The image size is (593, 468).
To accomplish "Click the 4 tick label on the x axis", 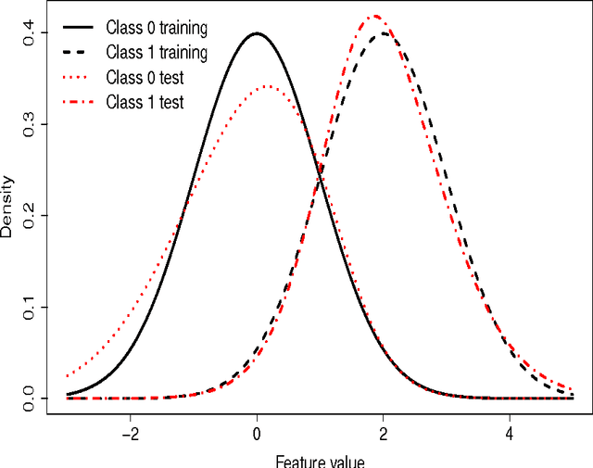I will pyautogui.click(x=510, y=433).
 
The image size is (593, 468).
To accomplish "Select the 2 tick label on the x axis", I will pyautogui.click(x=384, y=433).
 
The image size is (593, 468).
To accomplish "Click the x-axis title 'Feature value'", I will pyautogui.click(x=320, y=461).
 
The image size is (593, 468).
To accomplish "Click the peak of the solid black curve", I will pyautogui.click(x=257, y=33).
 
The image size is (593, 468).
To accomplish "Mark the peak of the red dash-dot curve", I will pyautogui.click(x=374, y=16).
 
